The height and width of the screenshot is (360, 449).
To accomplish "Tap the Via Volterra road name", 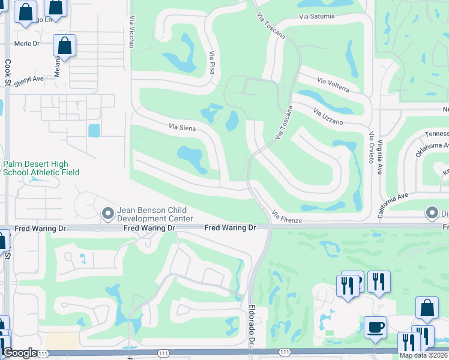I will (333, 85).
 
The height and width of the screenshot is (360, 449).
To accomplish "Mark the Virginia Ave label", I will (380, 162).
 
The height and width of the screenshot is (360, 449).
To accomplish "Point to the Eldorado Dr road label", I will (252, 325).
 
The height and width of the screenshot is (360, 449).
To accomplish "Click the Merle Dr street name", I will (27, 44).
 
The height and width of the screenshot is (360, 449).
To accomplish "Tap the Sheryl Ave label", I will (29, 79).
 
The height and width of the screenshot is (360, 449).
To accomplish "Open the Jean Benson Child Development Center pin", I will (108, 213).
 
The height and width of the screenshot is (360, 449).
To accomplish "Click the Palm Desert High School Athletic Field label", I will (41, 168).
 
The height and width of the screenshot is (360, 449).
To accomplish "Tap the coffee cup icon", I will (375, 326).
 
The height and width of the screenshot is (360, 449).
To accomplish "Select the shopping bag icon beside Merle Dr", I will (64, 45).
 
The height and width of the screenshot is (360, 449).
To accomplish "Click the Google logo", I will (20, 353).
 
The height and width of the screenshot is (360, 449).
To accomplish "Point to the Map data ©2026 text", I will (423, 355).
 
